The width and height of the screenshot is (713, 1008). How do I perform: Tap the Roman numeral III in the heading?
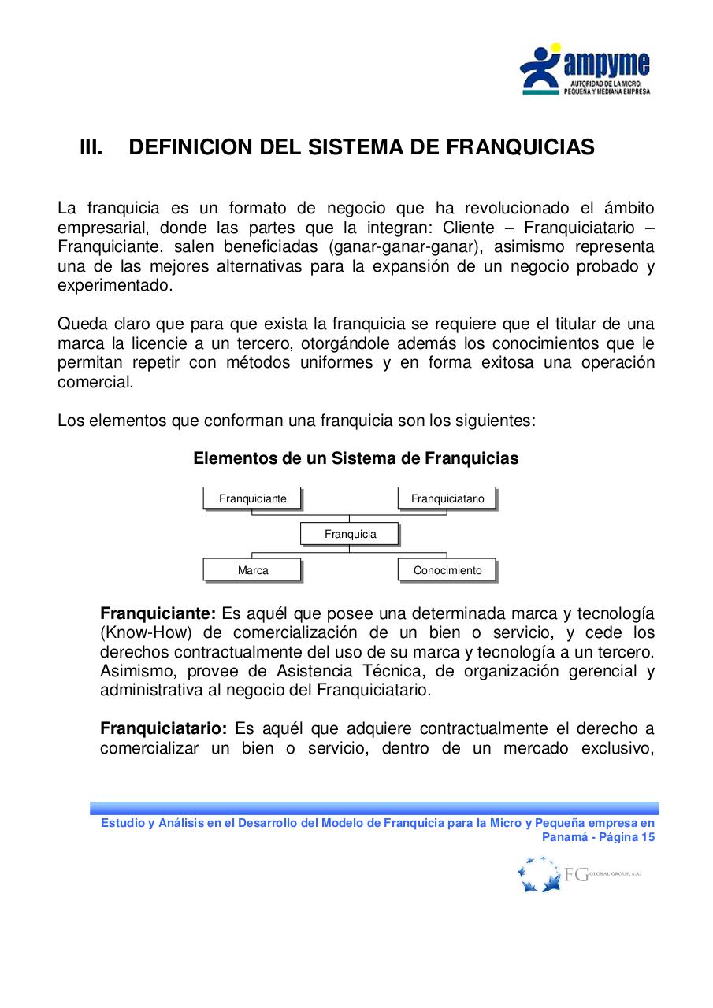pyautogui.click(x=91, y=147)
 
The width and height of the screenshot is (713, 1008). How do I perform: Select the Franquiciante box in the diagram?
pyautogui.click(x=253, y=498)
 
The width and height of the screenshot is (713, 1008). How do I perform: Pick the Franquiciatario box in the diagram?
pyautogui.click(x=447, y=498)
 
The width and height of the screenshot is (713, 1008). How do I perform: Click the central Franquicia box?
pyautogui.click(x=350, y=534)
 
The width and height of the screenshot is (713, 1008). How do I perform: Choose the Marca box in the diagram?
pyautogui.click(x=253, y=570)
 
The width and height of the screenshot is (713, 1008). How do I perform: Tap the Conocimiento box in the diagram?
pyautogui.click(x=447, y=570)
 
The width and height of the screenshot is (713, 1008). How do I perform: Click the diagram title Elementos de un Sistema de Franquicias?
pyautogui.click(x=356, y=458)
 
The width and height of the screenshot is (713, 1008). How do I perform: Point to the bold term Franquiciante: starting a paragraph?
pyautogui.click(x=158, y=613)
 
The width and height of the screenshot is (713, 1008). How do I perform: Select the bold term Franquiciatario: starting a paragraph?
pyautogui.click(x=163, y=728)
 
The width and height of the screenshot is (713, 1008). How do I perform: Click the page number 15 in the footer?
pyautogui.click(x=648, y=837)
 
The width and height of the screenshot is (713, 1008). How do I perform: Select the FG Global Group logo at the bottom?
pyautogui.click(x=578, y=874)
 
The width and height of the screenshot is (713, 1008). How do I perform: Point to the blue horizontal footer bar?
pyautogui.click(x=374, y=808)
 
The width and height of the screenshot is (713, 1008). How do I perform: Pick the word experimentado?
pyautogui.click(x=114, y=285)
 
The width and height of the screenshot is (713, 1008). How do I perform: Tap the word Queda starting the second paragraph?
pyautogui.click(x=80, y=324)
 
